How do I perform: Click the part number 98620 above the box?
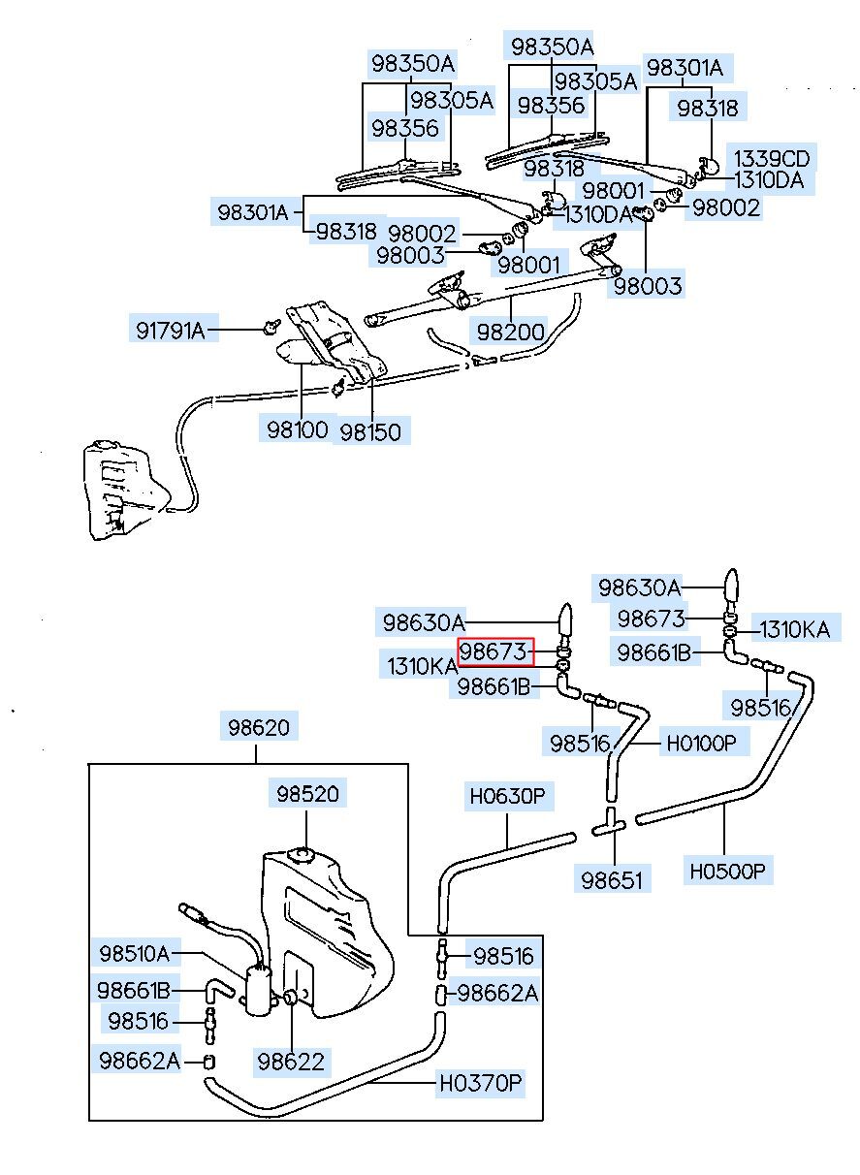pos(258,727)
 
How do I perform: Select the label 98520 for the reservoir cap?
pos(306,794)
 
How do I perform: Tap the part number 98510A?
pos(134,954)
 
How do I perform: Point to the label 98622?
pos(290,1061)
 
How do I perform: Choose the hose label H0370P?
pos(480,1082)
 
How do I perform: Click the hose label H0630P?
pos(508,798)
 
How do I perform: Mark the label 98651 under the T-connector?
pos(614,879)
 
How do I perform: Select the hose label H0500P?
pos(728,871)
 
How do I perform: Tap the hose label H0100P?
pos(701,744)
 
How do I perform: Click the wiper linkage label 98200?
pos(510,331)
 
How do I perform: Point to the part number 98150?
pos(369,430)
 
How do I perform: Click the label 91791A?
pos(171,331)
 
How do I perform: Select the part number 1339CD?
pos(771,158)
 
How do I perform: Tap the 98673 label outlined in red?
pos(495,651)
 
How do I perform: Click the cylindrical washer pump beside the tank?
pos(259,990)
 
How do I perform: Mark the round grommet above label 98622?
pos(290,998)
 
